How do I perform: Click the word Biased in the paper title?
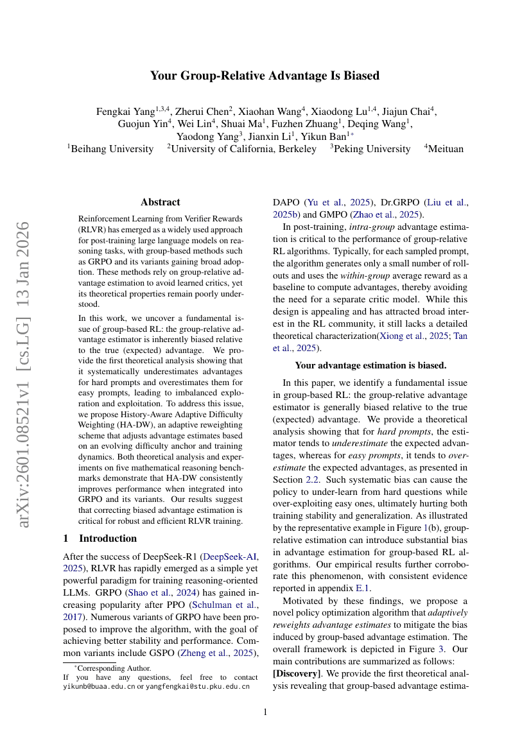[x=361, y=76]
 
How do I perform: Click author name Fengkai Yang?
[x=125, y=111]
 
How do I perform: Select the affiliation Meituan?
[x=446, y=149]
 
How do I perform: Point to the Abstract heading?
[x=160, y=202]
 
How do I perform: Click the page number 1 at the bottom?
[x=265, y=712]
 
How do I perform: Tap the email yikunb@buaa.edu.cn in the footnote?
[x=99, y=686]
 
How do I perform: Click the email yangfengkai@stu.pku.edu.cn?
[x=196, y=686]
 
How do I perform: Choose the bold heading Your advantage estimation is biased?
[x=370, y=365]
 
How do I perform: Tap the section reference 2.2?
[x=315, y=480]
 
